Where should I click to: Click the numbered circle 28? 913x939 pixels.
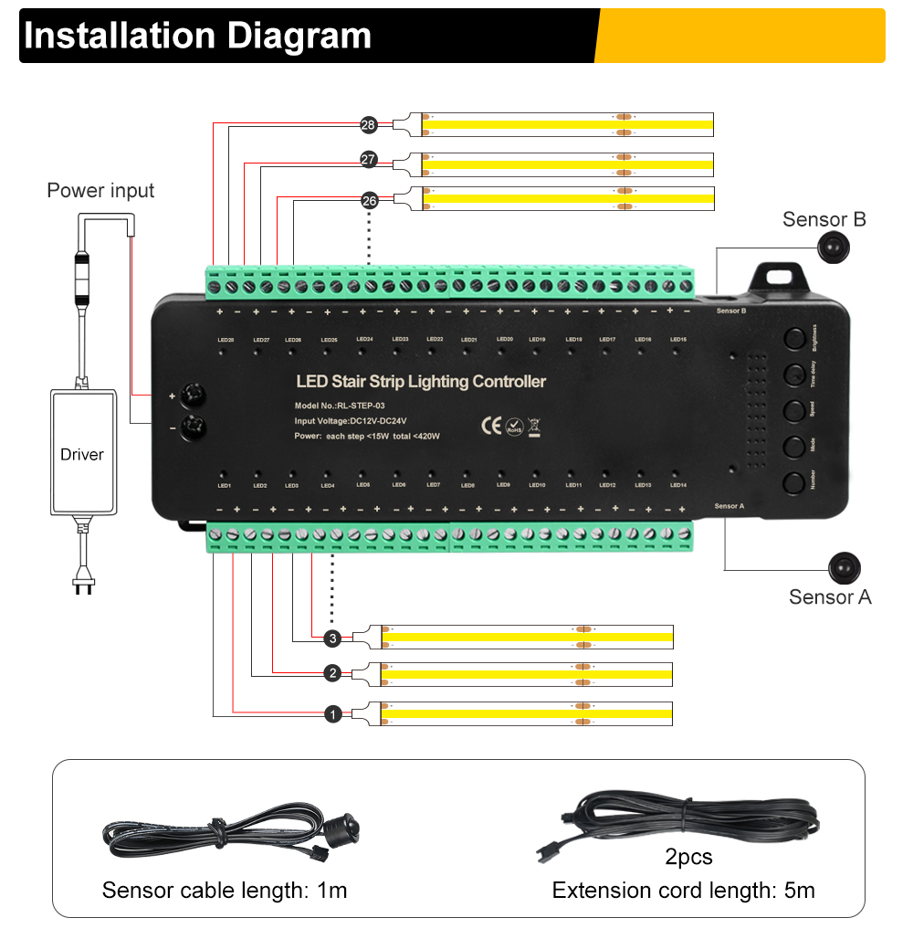pyautogui.click(x=369, y=125)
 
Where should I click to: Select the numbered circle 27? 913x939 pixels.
pyautogui.click(x=369, y=160)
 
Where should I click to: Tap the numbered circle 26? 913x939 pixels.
pyautogui.click(x=369, y=200)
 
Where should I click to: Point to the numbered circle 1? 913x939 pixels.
pyautogui.click(x=333, y=714)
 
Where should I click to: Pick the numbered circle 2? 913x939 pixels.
pyautogui.click(x=333, y=673)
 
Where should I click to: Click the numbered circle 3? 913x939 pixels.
pyautogui.click(x=333, y=638)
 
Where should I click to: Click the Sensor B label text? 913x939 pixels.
pyautogui.click(x=824, y=219)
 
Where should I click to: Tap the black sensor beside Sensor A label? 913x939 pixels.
pyautogui.click(x=845, y=568)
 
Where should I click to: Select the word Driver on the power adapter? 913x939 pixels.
pyautogui.click(x=82, y=454)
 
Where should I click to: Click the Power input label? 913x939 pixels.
pyautogui.click(x=100, y=191)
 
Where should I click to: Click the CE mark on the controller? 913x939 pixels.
pyautogui.click(x=491, y=426)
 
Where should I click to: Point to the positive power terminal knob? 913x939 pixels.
pyautogui.click(x=194, y=396)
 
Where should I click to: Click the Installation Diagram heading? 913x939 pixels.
pyautogui.click(x=197, y=36)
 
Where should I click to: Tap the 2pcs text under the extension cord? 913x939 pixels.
pyautogui.click(x=688, y=857)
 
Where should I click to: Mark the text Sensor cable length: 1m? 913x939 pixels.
pyautogui.click(x=225, y=890)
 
